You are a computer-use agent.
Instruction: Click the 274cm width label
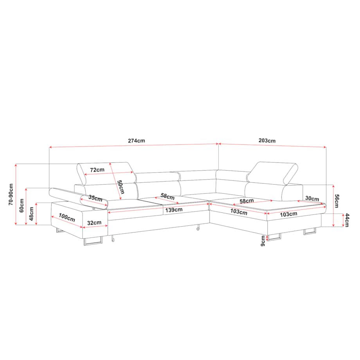click(x=137, y=140)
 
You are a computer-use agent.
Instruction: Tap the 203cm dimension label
click(x=267, y=140)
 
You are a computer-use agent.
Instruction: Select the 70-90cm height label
click(x=11, y=194)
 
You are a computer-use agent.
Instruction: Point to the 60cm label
click(x=22, y=205)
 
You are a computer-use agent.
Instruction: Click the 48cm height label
click(x=32, y=214)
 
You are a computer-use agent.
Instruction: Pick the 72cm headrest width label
click(x=97, y=170)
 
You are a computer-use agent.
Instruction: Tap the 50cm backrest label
click(x=121, y=187)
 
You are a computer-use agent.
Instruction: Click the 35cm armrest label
click(x=95, y=198)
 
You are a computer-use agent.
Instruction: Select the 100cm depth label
click(x=67, y=218)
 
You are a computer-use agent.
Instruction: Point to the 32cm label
click(x=94, y=223)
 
